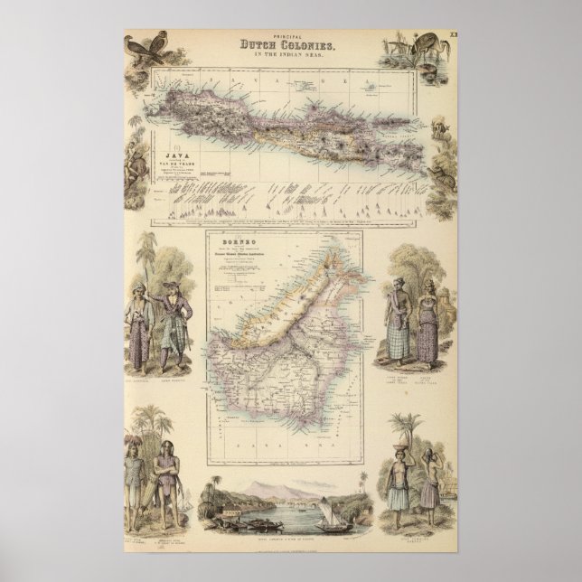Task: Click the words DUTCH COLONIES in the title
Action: pyautogui.click(x=290, y=45)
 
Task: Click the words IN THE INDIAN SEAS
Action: pyautogui.click(x=290, y=56)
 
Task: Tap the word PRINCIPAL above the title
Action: pyautogui.click(x=290, y=35)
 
